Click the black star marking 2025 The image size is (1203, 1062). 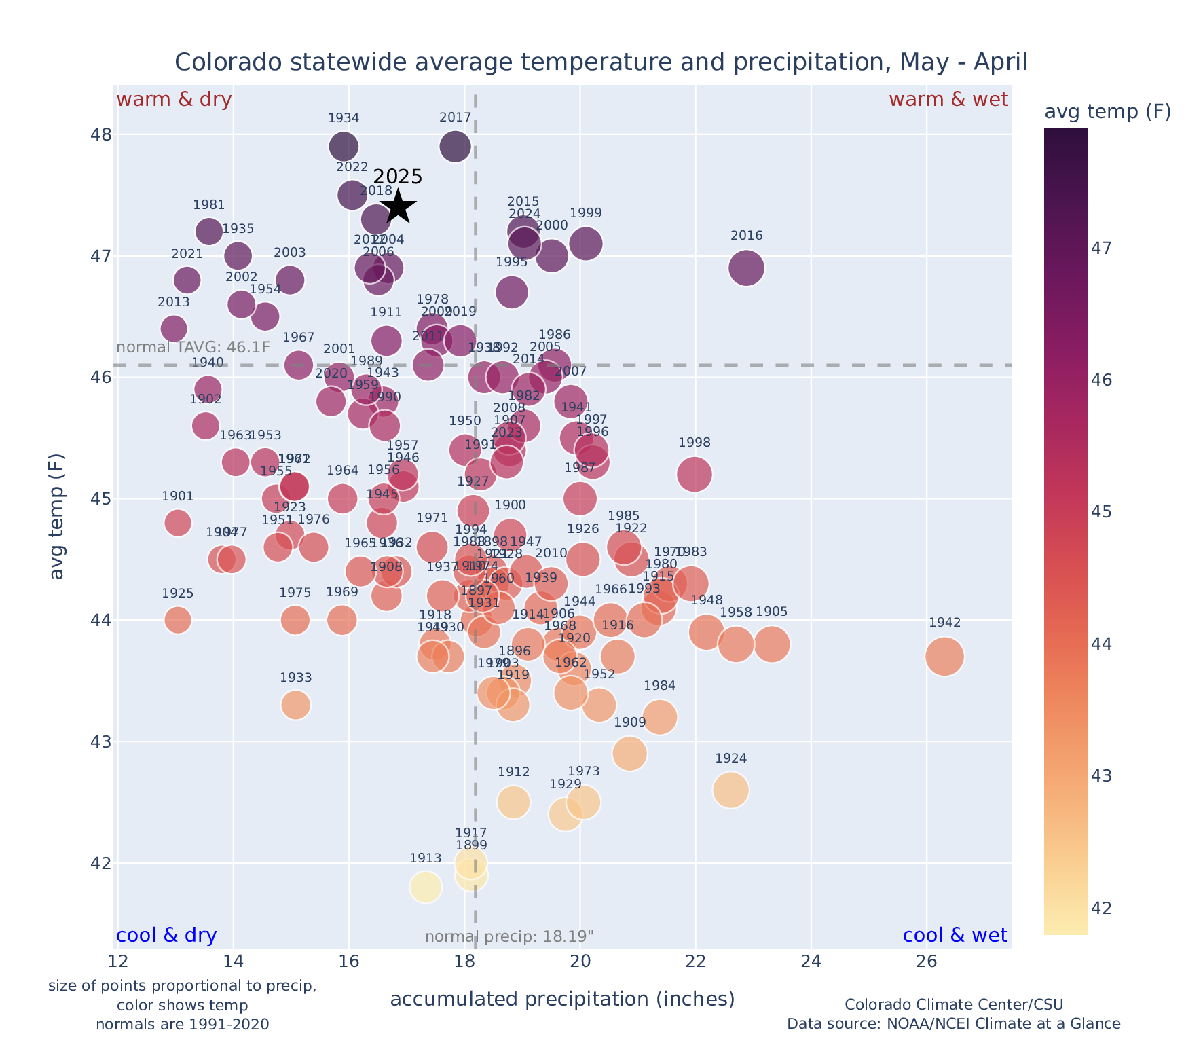coord(398,206)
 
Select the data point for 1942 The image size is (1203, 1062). coord(944,657)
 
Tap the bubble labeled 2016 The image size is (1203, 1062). coord(746,268)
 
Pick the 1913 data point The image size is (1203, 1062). coord(425,887)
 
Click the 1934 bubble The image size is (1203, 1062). coord(344,146)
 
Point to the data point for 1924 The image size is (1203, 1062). coord(730,790)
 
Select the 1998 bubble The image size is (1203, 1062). coord(694,474)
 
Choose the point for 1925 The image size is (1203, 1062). coord(177,619)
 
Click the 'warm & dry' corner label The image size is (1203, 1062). coord(174,100)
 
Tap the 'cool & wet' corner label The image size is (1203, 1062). coord(955,936)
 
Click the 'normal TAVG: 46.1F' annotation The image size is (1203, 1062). coord(193,348)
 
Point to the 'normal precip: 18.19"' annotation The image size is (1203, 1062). coord(509,937)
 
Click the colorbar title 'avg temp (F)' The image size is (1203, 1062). coord(1107,112)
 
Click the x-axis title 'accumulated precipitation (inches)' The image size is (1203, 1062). coord(562,999)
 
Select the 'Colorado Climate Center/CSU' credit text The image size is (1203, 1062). coord(953,1004)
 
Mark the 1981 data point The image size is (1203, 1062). coord(208,231)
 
